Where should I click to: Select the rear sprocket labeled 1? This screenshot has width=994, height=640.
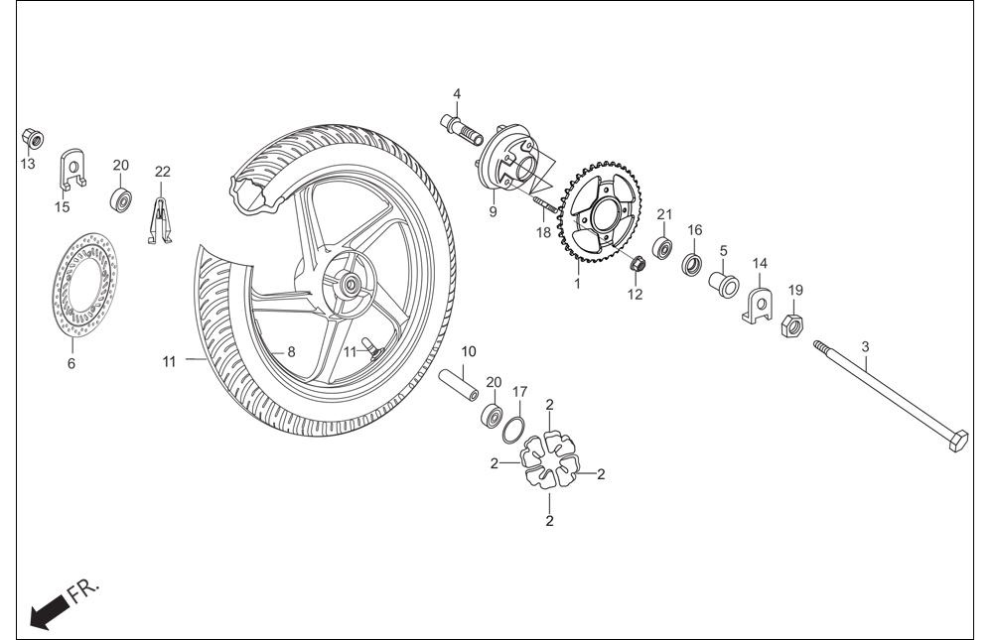pyautogui.click(x=599, y=211)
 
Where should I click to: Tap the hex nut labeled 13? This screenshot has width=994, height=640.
pyautogui.click(x=32, y=138)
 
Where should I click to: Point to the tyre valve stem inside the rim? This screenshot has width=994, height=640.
pyautogui.click(x=372, y=349)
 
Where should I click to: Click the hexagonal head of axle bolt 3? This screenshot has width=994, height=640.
pyautogui.click(x=958, y=441)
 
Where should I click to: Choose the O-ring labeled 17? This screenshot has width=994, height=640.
pyautogui.click(x=512, y=431)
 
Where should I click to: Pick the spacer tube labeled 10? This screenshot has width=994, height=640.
pyautogui.click(x=460, y=385)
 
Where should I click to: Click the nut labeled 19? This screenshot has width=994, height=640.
pyautogui.click(x=792, y=325)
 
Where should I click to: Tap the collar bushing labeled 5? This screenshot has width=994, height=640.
pyautogui.click(x=723, y=284)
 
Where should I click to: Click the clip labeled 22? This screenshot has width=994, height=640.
pyautogui.click(x=161, y=220)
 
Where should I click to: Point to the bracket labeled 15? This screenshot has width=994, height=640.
pyautogui.click(x=72, y=170)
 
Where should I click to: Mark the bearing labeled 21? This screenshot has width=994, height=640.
pyautogui.click(x=663, y=248)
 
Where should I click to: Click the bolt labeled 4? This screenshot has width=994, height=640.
pyautogui.click(x=461, y=129)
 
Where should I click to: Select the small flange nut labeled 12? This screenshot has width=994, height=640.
pyautogui.click(x=638, y=263)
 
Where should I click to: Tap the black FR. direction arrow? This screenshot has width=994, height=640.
pyautogui.click(x=49, y=612)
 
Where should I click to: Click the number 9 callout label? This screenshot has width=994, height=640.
pyautogui.click(x=493, y=211)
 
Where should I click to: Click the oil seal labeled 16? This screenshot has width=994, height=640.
pyautogui.click(x=691, y=264)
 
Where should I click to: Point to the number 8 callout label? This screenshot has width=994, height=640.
pyautogui.click(x=291, y=352)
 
